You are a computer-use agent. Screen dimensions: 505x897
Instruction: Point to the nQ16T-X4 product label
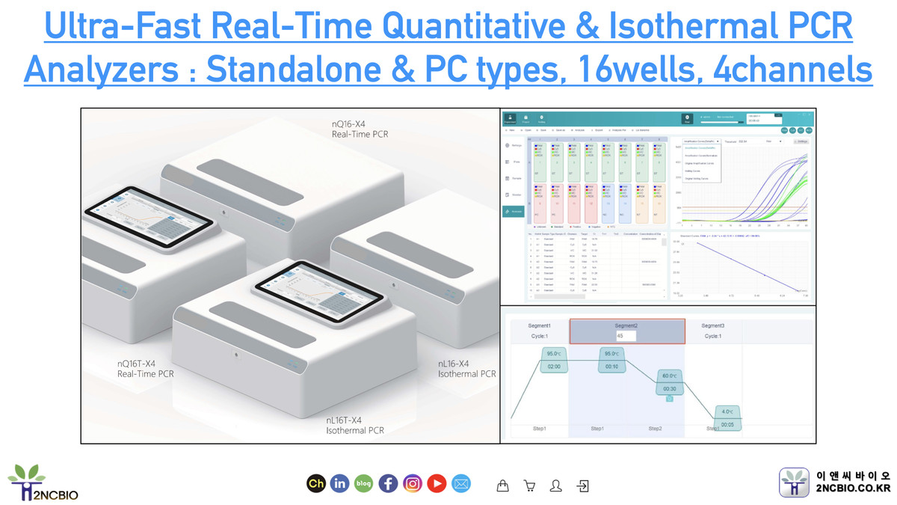point(146,368)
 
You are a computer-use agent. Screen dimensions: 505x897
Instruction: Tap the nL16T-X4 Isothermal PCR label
point(355,425)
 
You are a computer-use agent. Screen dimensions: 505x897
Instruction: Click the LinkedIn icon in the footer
point(340,484)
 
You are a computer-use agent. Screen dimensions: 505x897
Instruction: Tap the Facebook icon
point(388,484)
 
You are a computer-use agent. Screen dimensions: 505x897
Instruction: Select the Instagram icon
point(413,484)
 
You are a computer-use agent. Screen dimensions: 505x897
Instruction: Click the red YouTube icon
point(437,484)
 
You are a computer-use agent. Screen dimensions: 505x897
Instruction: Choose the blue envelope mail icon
point(461,484)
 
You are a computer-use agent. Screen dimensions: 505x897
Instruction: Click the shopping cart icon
point(530,486)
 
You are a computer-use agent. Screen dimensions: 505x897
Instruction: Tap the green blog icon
point(364,484)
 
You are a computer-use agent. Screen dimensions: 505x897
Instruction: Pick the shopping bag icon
point(503,486)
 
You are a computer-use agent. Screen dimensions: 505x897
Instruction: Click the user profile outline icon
point(555,486)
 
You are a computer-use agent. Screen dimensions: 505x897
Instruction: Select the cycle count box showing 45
point(626,336)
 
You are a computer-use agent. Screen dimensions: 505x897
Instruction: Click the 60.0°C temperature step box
point(669,382)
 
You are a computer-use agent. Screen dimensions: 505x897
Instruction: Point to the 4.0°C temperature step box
point(727,417)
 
